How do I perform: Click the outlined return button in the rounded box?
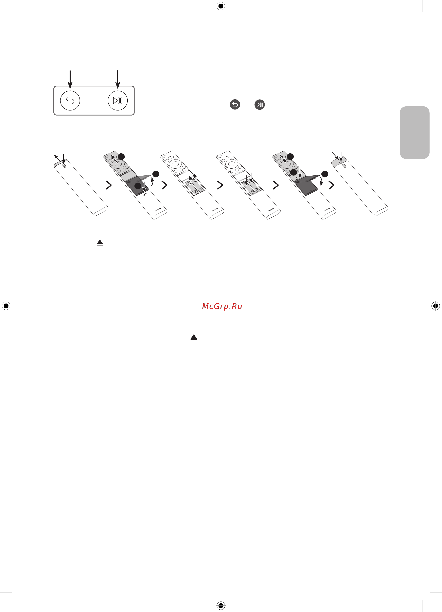[70, 101]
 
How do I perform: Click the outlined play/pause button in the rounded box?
[118, 101]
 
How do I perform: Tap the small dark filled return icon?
[235, 104]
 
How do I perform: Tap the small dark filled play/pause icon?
[259, 104]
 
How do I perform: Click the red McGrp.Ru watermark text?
[222, 306]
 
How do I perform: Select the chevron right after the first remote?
[109, 185]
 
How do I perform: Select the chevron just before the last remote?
[331, 185]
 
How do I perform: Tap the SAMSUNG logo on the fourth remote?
[271, 210]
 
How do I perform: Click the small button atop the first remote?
[64, 166]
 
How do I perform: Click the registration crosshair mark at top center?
[221, 6]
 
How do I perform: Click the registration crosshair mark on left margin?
[6, 306]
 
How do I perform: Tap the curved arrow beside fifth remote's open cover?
[321, 181]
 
